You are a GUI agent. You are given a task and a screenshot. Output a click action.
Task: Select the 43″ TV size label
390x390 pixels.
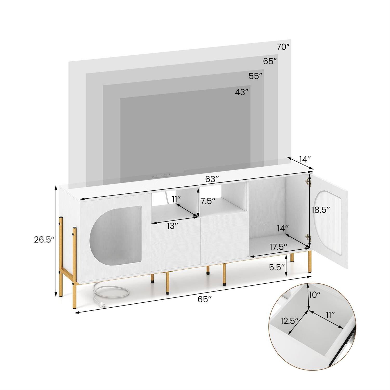[x=242, y=92]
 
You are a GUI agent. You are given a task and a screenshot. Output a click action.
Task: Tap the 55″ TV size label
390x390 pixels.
[x=255, y=76]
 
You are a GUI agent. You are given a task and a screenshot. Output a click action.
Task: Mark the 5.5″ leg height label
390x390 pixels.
[x=275, y=268]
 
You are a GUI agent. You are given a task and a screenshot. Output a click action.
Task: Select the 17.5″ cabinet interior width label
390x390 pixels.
[x=278, y=246]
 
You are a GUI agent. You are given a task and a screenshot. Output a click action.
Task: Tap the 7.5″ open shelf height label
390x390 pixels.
[x=208, y=201]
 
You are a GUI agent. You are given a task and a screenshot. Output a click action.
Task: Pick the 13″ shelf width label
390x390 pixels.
[x=172, y=226]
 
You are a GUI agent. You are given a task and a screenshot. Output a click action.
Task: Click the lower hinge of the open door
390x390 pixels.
[x=308, y=237]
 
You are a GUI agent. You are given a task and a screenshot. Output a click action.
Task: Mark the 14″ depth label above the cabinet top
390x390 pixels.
[x=305, y=159]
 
